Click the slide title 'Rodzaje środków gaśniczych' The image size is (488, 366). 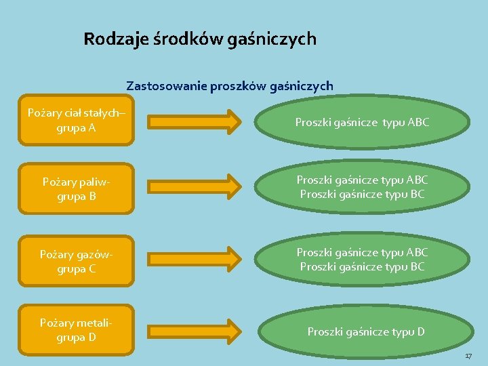coord(200,39)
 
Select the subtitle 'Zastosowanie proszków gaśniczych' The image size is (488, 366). coord(229,86)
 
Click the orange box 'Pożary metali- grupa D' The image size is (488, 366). coord(75,330)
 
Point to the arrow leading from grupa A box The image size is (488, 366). coord(194,122)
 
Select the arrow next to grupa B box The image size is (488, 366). coord(194,186)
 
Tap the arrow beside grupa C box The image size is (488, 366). coord(194,258)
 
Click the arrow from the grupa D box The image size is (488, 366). coord(194,331)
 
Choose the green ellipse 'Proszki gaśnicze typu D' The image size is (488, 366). coord(366,331)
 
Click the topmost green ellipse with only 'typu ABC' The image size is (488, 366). coord(363,123)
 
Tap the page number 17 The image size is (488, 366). coord(468,357)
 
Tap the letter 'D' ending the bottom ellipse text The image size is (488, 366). coord(421,331)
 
